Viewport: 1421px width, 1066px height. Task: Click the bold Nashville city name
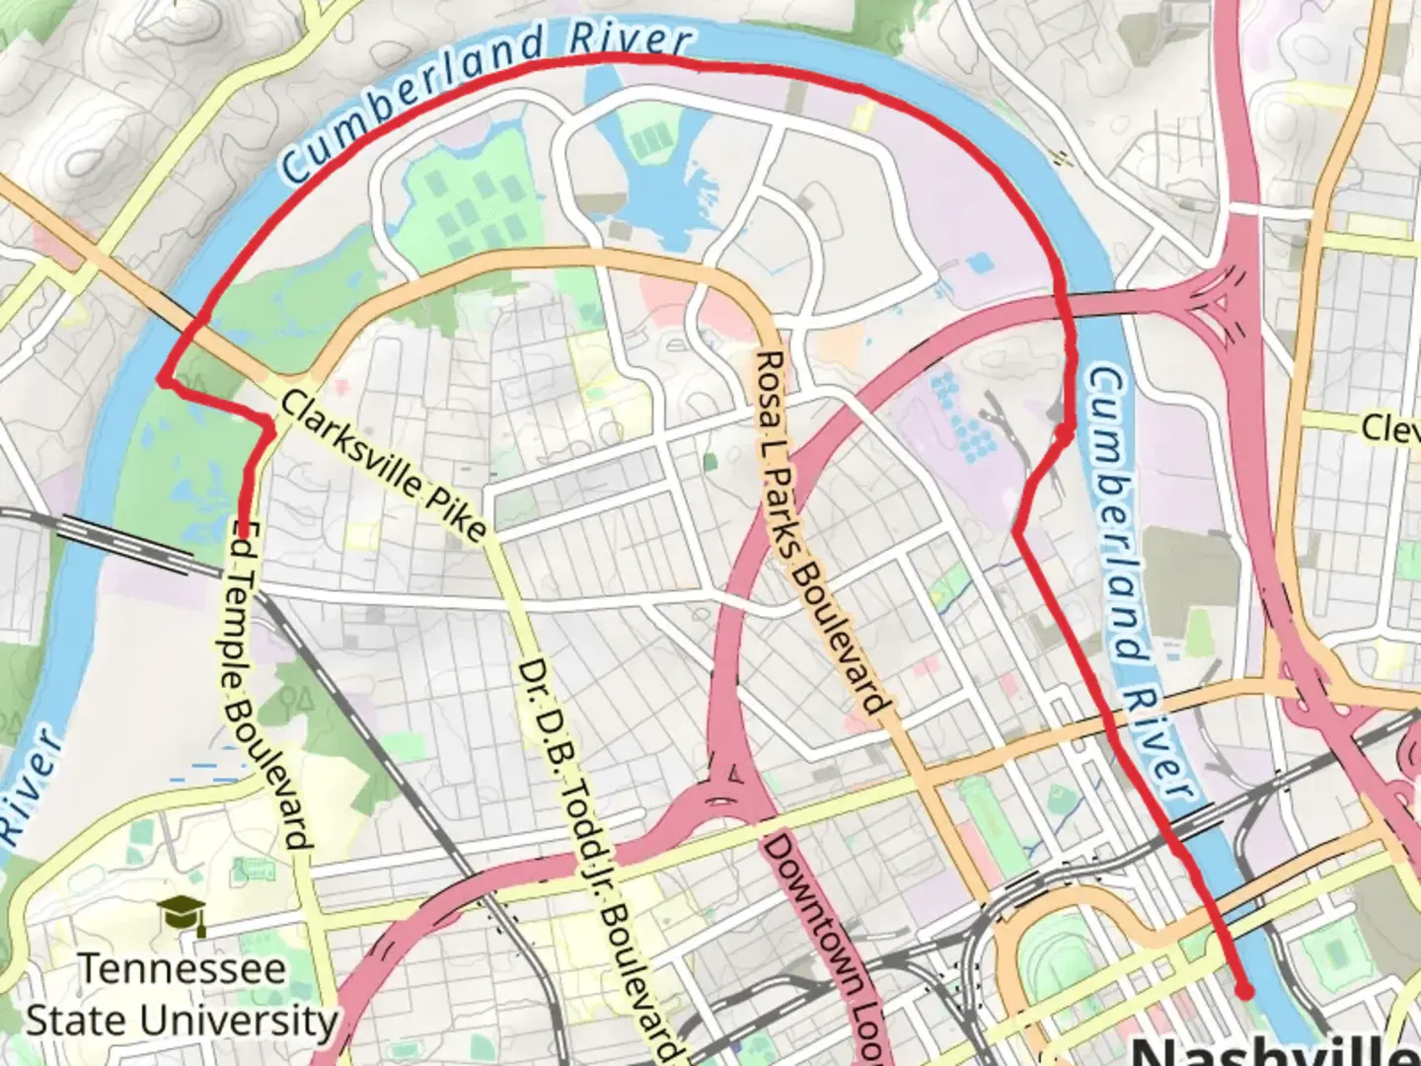coord(1273,1052)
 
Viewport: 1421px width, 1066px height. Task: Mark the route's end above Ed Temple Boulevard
coord(243,534)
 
